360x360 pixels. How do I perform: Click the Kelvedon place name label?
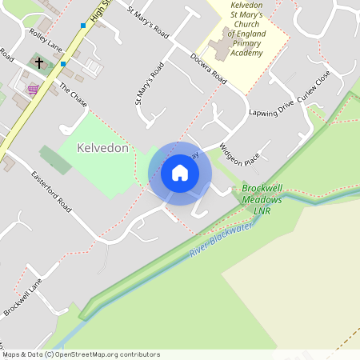[x=103, y=149]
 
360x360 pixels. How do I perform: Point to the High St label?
[x=100, y=11]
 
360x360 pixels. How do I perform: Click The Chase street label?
[x=73, y=96]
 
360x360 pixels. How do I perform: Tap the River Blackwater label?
[x=221, y=241]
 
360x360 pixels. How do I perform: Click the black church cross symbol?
[x=38, y=62]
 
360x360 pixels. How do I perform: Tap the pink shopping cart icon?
[x=33, y=89]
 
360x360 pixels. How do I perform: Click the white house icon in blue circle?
[x=180, y=173]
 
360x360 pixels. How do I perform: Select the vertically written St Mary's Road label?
[x=149, y=83]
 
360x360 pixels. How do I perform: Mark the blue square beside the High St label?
[x=82, y=26]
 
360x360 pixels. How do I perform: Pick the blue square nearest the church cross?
[x=63, y=62]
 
